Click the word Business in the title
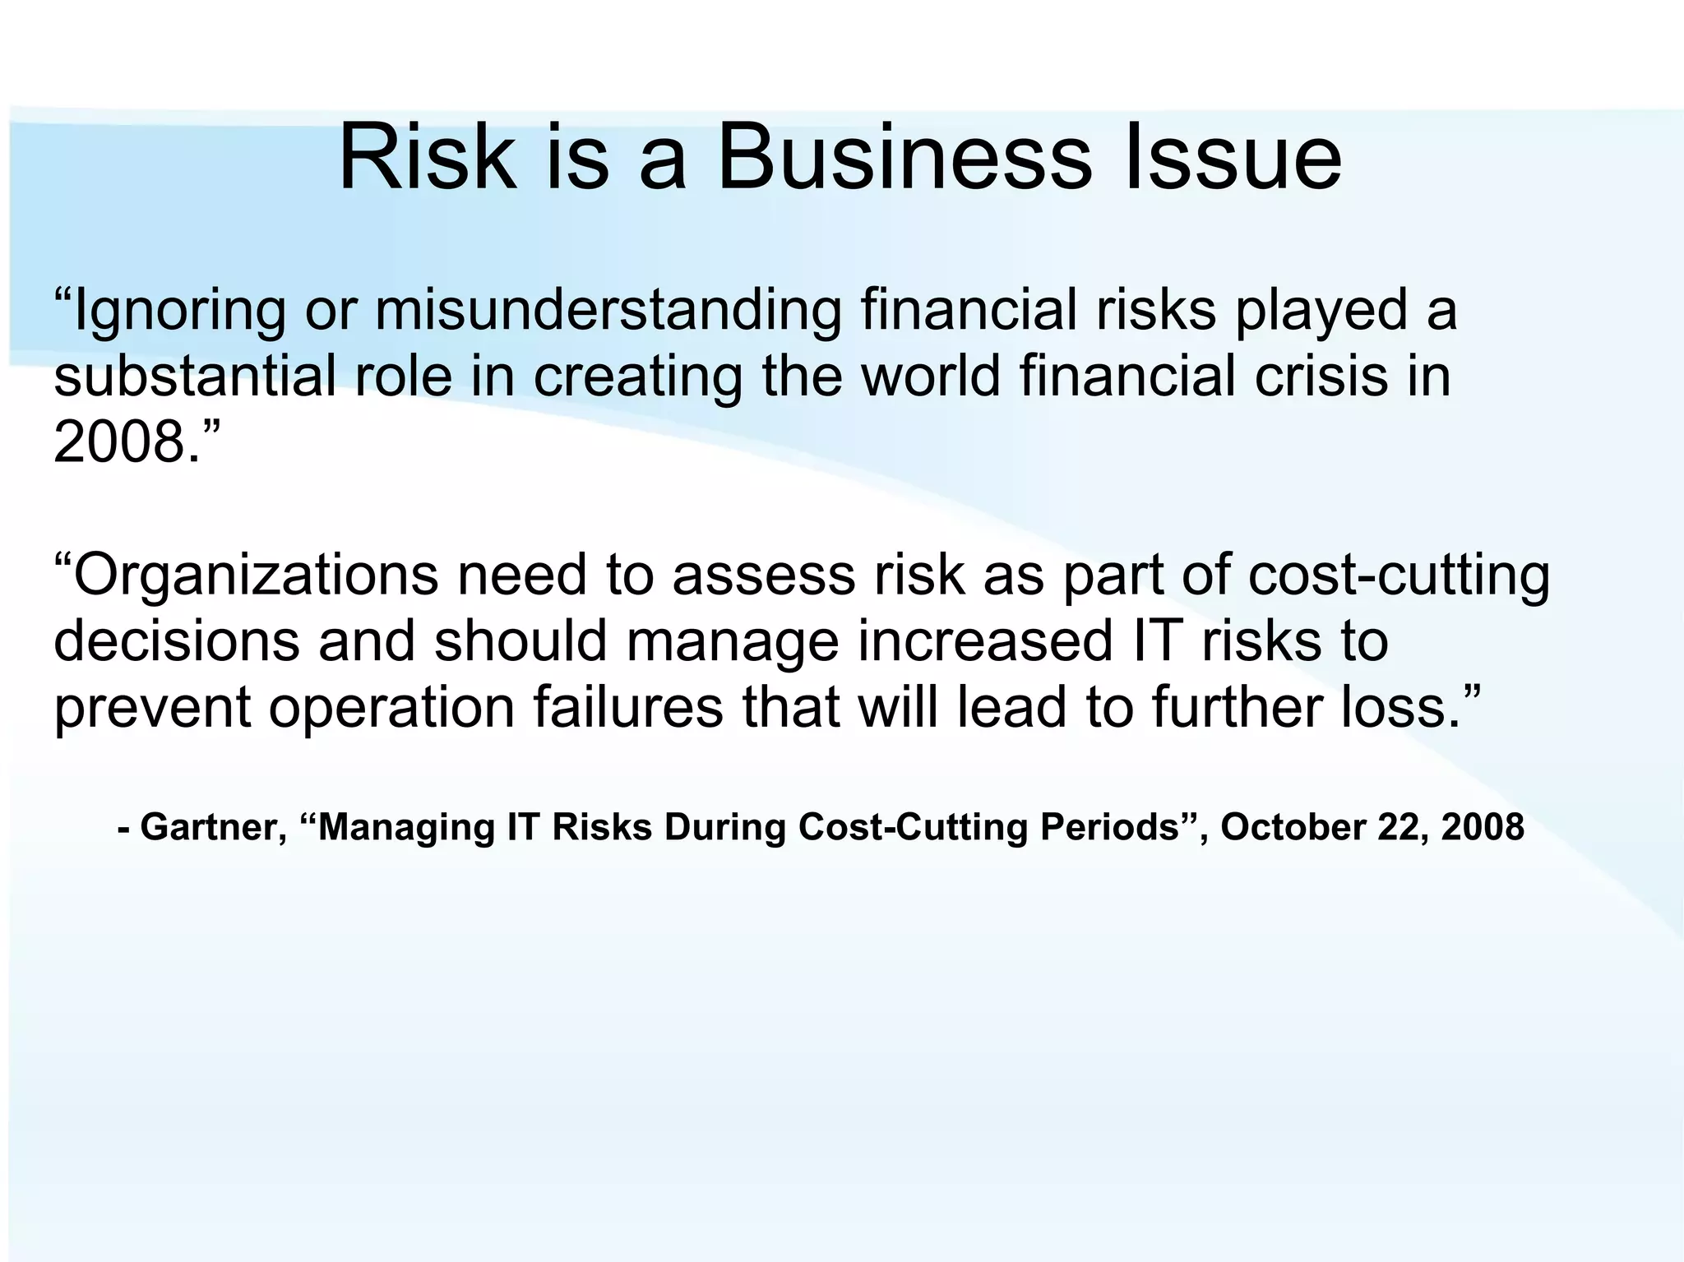point(904,156)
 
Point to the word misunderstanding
point(608,312)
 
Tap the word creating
point(637,378)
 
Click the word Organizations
point(255,576)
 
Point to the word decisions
point(177,641)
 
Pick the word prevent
point(152,708)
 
